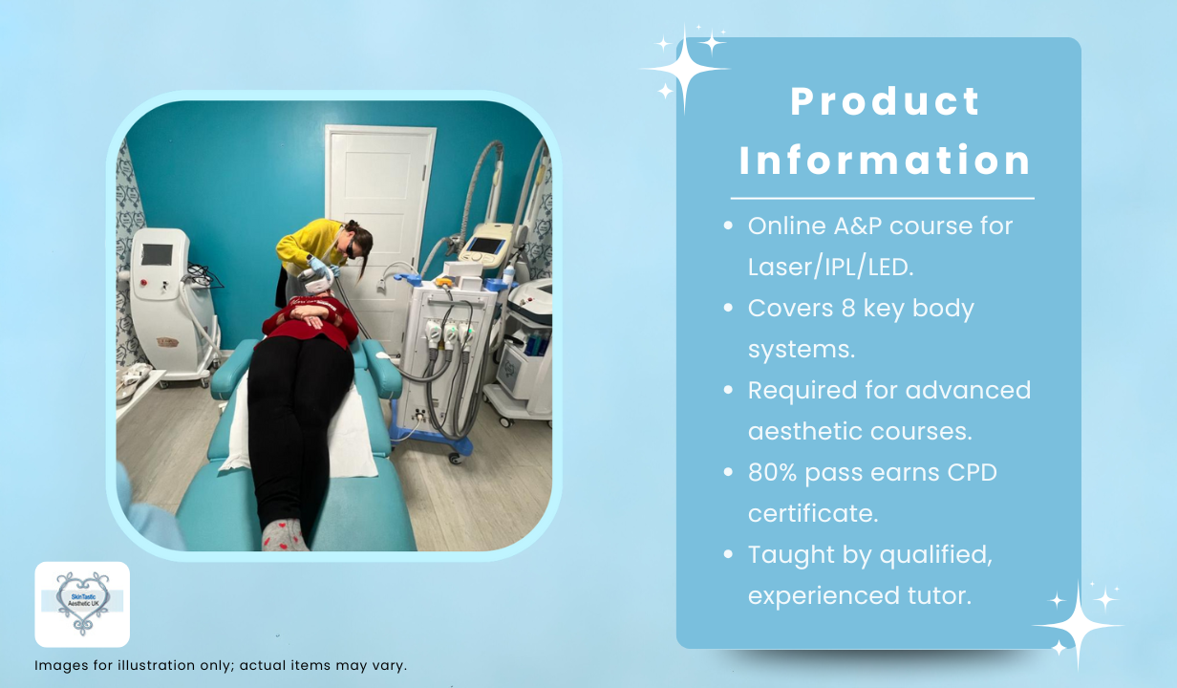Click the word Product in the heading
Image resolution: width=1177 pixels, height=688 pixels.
pyautogui.click(x=885, y=101)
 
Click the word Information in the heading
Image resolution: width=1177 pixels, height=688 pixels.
pyautogui.click(x=885, y=160)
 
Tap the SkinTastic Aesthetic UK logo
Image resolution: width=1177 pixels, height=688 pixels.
pyautogui.click(x=82, y=605)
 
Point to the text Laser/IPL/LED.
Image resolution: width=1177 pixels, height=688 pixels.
pyautogui.click(x=831, y=267)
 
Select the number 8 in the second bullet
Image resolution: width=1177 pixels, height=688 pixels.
pyautogui.click(x=848, y=308)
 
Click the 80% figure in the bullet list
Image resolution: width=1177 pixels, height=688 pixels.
pyautogui.click(x=773, y=472)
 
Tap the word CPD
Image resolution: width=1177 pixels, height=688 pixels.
pyautogui.click(x=973, y=472)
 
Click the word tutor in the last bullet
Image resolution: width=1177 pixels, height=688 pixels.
pyautogui.click(x=939, y=595)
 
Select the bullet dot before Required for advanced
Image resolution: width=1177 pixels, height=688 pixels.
pyautogui.click(x=728, y=390)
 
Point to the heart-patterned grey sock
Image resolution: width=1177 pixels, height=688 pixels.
pyautogui.click(x=283, y=534)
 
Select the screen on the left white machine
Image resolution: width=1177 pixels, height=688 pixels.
pyautogui.click(x=157, y=255)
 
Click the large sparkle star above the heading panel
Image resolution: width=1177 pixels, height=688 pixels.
pyautogui.click(x=685, y=69)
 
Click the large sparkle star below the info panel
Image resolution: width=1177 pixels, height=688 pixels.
pyautogui.click(x=1078, y=626)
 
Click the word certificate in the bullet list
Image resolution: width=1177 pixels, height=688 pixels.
pyautogui.click(x=813, y=513)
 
